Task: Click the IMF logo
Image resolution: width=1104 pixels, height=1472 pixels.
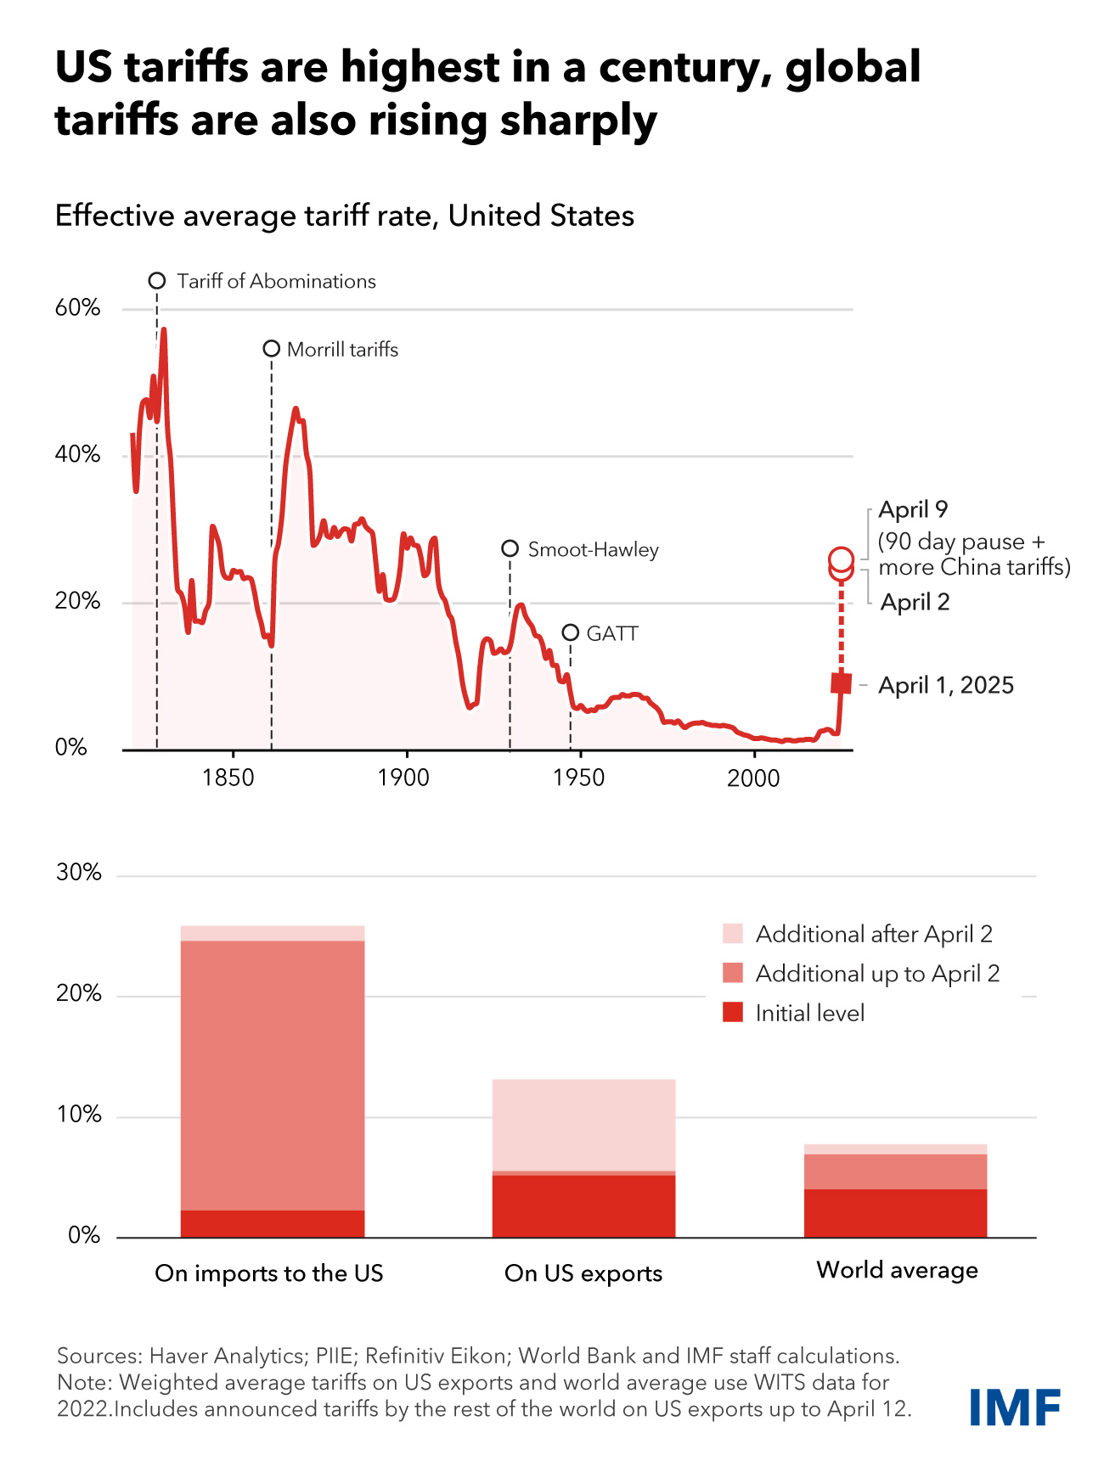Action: [1015, 1407]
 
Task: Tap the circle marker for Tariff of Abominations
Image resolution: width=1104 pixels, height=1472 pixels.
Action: [157, 281]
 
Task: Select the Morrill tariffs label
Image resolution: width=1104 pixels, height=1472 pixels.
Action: [342, 350]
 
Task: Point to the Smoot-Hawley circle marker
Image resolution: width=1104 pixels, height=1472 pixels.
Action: [510, 548]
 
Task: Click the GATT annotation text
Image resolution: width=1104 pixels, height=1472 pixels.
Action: [612, 634]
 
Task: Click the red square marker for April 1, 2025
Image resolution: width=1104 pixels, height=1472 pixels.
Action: [841, 683]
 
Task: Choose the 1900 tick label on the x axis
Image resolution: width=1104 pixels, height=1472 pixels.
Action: [404, 778]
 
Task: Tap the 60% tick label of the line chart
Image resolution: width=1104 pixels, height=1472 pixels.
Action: [77, 308]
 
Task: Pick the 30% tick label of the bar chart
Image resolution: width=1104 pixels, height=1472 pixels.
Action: [79, 873]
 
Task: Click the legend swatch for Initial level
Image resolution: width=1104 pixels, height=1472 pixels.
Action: [733, 1013]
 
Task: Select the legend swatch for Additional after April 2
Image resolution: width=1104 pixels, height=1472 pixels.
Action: [733, 934]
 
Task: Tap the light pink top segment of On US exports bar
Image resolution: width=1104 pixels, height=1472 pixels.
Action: [583, 1124]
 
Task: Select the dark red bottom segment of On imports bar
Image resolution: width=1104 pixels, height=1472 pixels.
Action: [273, 1223]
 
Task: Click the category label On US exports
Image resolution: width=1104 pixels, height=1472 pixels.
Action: [583, 1273]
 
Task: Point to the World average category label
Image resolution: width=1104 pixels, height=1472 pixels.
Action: [897, 1270]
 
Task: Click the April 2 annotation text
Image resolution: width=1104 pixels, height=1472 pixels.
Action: [915, 602]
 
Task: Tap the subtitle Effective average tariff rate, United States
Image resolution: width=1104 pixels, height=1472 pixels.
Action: [345, 216]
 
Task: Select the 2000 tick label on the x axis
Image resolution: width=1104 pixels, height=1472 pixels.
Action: [753, 778]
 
